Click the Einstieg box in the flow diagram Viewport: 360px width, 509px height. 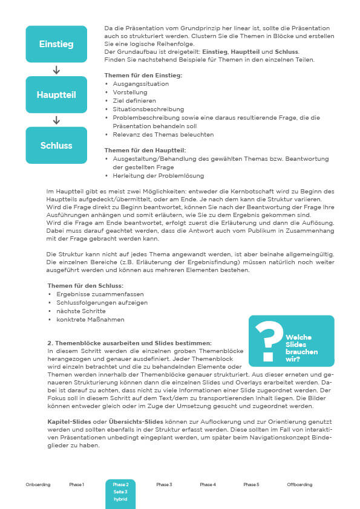tap(56, 44)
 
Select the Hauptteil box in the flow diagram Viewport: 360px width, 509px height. tap(56, 95)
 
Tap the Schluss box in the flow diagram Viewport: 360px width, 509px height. tap(56, 145)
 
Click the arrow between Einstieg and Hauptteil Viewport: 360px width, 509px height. tap(56, 70)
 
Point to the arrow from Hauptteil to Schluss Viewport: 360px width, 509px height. tap(56, 120)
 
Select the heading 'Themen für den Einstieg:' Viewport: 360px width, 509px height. tap(143, 75)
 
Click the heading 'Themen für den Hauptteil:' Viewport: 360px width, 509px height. tap(145, 150)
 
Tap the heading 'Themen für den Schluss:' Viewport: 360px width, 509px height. tap(86, 285)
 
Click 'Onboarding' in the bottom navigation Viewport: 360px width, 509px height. tap(38, 485)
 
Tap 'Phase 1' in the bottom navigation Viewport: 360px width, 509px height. tap(77, 485)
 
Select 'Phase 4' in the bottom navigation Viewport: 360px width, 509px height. tap(208, 485)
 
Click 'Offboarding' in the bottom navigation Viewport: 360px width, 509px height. tap(299, 485)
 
